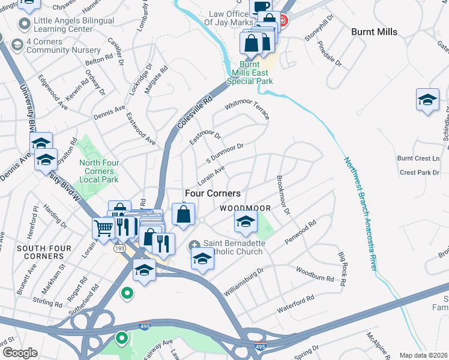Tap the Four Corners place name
[x=212, y=193]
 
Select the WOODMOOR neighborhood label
[x=244, y=208]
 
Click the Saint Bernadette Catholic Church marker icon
[x=194, y=247]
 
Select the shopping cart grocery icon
[x=103, y=228]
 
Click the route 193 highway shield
[x=119, y=247]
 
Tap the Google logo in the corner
[x=20, y=353]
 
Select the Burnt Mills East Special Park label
[x=256, y=73]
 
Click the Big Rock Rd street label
[x=342, y=269]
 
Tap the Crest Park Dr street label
[x=420, y=172]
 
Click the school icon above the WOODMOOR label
[x=245, y=222]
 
